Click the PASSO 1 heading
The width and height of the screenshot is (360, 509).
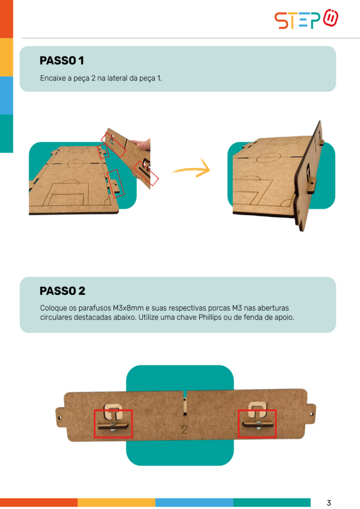tap(62, 61)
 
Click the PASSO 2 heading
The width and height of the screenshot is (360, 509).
tap(62, 291)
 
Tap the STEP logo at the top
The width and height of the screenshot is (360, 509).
tap(306, 19)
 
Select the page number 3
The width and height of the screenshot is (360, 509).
tap(329, 503)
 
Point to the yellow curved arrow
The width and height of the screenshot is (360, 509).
tap(191, 169)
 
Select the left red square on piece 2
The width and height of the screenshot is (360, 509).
tap(113, 424)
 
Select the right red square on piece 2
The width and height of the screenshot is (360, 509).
tap(257, 424)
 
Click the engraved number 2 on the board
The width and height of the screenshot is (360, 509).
tap(184, 429)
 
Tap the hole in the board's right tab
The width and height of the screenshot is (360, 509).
tap(311, 414)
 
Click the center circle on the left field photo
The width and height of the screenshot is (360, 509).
tap(75, 163)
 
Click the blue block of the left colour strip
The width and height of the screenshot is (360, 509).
tap(6, 95)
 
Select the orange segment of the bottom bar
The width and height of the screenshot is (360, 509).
tap(39, 502)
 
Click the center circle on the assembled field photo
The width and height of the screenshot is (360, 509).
tap(269, 158)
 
